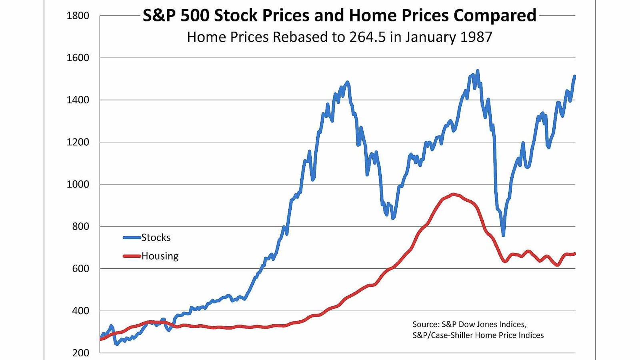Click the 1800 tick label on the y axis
(78, 16)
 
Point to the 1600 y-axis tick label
(78, 58)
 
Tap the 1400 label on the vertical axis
(78, 100)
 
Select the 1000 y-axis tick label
(78, 184)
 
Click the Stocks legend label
(156, 238)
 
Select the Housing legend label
(160, 256)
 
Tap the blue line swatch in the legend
(132, 238)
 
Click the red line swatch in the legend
(132, 256)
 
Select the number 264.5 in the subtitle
(367, 37)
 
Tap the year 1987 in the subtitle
(476, 37)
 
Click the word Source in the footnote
(425, 324)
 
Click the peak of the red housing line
(453, 194)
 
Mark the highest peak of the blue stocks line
(477, 71)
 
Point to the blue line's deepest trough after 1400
(503, 235)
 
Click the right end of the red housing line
(574, 254)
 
